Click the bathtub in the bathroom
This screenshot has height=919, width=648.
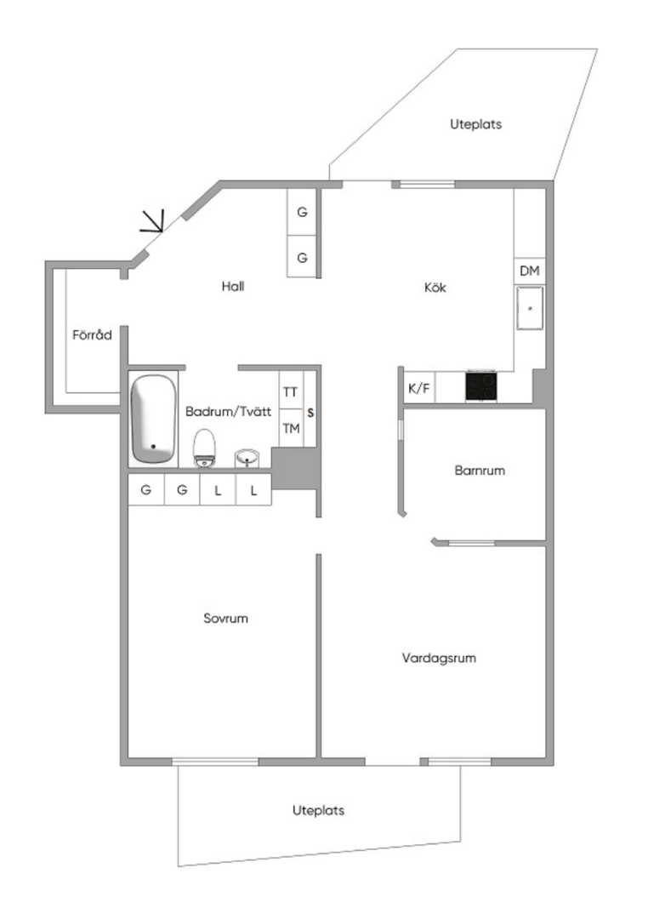tap(154, 419)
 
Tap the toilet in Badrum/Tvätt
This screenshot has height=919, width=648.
tap(204, 448)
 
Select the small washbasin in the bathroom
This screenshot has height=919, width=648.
tap(247, 458)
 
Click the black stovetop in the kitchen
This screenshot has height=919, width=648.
tap(481, 385)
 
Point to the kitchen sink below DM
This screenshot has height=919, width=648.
tap(530, 308)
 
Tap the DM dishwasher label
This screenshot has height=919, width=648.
tap(530, 271)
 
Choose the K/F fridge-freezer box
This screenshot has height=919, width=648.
tap(419, 388)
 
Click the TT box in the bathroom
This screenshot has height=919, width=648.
tap(291, 391)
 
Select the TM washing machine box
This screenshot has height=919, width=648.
tap(291, 428)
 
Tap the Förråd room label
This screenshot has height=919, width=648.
tap(92, 334)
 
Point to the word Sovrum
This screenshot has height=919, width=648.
tap(225, 619)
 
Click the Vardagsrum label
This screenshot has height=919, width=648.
tap(439, 658)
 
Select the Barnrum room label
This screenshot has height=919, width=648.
tap(480, 470)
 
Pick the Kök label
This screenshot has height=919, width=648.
tap(435, 288)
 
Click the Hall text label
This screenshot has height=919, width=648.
tap(233, 286)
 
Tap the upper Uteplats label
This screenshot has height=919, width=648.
tap(475, 124)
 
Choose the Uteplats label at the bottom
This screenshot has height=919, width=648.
tap(318, 811)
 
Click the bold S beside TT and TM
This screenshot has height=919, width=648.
tap(310, 413)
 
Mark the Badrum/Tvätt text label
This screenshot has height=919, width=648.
tap(229, 412)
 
